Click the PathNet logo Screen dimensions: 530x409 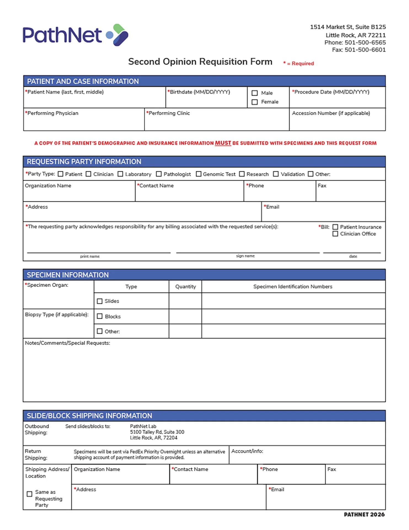pyautogui.click(x=75, y=35)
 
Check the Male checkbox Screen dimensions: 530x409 pyautogui.click(x=255, y=93)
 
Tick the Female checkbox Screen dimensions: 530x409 pyautogui.click(x=255, y=102)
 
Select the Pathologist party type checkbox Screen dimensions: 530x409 pyautogui.click(x=159, y=174)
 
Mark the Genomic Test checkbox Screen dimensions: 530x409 pyautogui.click(x=198, y=174)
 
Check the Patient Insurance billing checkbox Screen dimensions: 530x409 pyautogui.click(x=335, y=227)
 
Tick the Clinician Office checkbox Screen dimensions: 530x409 pyautogui.click(x=335, y=234)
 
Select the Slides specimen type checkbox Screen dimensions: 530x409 pyautogui.click(x=100, y=301)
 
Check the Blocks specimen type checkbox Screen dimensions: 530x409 pyautogui.click(x=100, y=316)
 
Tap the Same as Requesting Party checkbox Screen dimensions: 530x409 pyautogui.click(x=29, y=494)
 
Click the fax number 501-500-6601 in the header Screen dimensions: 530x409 pyautogui.click(x=365, y=50)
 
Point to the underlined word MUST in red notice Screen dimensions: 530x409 pyautogui.click(x=223, y=143)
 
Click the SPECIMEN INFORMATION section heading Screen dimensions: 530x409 pyautogui.click(x=68, y=275)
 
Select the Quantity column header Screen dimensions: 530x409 pyautogui.click(x=186, y=287)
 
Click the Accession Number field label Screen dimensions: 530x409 pyautogui.click(x=331, y=113)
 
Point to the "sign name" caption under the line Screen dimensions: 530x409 pyautogui.click(x=245, y=256)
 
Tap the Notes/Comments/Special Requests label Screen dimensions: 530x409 pyautogui.click(x=67, y=343)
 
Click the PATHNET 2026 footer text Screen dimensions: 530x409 pyautogui.click(x=364, y=515)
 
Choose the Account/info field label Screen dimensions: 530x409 pyautogui.click(x=247, y=451)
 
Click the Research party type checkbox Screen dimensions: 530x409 pyautogui.click(x=242, y=174)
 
